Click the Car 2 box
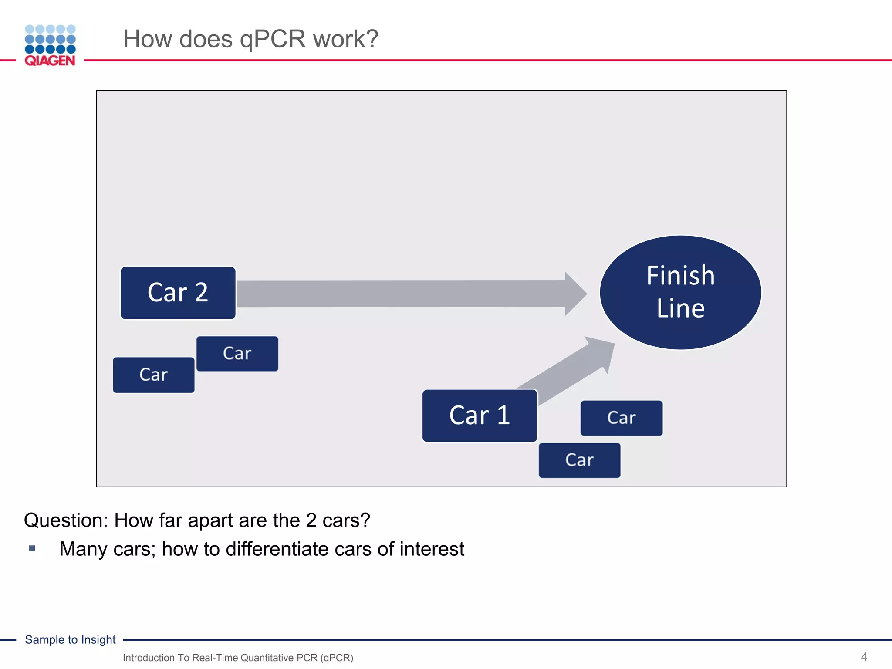[178, 293]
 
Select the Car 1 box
[480, 416]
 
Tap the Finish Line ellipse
[680, 292]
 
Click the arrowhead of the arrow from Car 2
[575, 294]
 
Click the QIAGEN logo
[50, 46]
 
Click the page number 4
[864, 657]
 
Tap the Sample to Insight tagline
[70, 639]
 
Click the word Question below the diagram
[66, 520]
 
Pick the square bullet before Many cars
[32, 548]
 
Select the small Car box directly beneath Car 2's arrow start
[237, 353]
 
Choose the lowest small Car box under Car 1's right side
[579, 460]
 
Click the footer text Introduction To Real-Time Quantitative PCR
[238, 658]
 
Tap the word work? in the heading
[346, 39]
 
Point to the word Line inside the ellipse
[680, 308]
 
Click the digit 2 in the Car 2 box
[201, 292]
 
